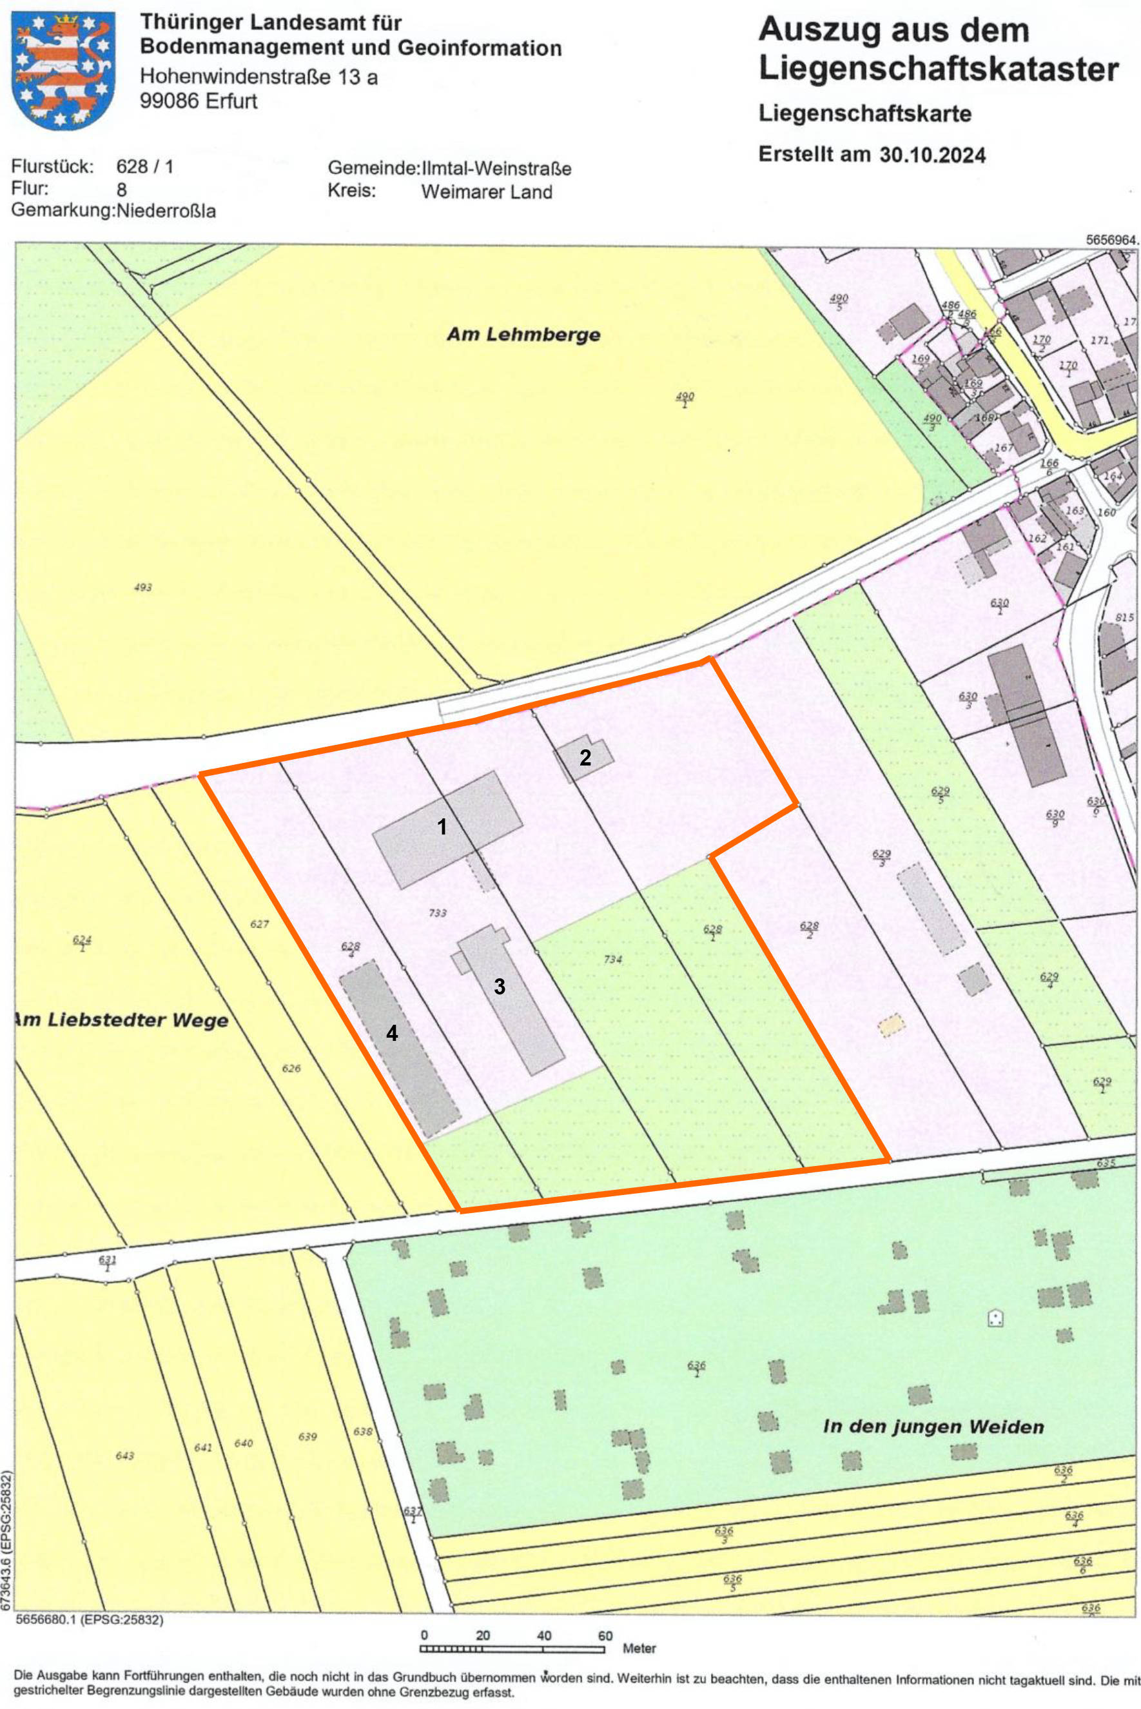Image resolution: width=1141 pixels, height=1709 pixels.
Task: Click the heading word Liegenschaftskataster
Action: coord(938,70)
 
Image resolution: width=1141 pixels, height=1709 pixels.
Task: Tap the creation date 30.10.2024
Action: coord(932,155)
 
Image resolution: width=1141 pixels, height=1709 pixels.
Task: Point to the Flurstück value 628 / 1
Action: coord(145,166)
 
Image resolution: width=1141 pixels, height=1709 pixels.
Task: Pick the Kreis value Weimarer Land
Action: coord(486,192)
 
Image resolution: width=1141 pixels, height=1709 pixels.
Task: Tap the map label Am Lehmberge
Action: coord(523,335)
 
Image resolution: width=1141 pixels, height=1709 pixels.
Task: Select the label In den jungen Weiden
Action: coord(933,1426)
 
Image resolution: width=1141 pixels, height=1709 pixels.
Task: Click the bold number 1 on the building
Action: coord(442,826)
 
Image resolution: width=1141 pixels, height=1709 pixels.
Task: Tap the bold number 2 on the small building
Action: coord(585,758)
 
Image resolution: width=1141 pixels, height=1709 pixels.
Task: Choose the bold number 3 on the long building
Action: coord(499,986)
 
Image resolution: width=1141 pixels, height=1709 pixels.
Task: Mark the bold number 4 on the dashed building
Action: coord(392,1033)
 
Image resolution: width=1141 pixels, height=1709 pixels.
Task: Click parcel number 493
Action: coord(142,588)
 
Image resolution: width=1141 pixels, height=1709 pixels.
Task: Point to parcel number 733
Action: coord(437,913)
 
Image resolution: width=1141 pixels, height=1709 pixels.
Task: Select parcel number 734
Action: coord(612,960)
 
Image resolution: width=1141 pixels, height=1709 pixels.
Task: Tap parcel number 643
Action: coord(124,1455)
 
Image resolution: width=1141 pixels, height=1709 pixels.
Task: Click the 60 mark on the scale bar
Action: coord(605,1635)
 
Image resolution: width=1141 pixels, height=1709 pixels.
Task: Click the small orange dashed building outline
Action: coord(892,1025)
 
